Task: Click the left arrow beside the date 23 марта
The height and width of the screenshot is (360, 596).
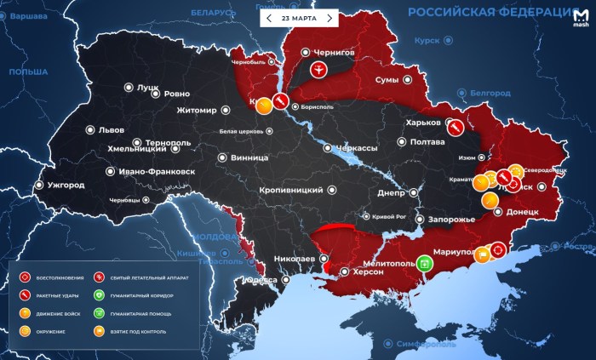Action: [269, 18]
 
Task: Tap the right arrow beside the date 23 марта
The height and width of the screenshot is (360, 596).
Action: [330, 18]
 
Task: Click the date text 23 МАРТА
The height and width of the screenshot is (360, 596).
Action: [299, 18]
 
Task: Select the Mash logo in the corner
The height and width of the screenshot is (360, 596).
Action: [581, 18]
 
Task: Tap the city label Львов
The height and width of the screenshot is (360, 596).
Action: [111, 130]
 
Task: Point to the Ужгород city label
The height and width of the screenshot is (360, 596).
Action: [66, 185]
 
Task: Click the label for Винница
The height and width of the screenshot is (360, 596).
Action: [249, 157]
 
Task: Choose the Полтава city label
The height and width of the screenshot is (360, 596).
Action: [427, 142]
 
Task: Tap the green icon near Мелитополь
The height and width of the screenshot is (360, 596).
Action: [425, 263]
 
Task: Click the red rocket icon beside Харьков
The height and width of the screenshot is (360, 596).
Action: [455, 126]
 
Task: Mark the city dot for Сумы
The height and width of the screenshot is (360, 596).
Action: [408, 79]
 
